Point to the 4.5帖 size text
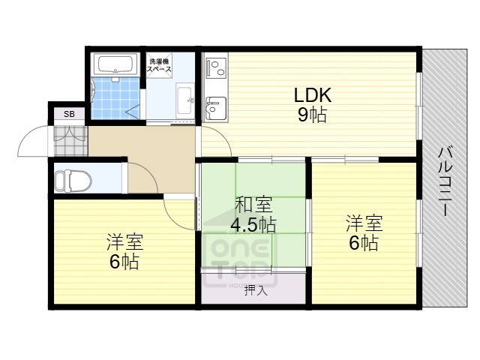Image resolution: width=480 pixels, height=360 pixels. click(x=253, y=224)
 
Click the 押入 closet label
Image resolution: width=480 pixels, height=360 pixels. click(x=254, y=290)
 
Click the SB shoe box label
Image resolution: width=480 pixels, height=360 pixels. click(x=69, y=114)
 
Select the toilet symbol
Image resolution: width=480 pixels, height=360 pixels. click(x=72, y=180)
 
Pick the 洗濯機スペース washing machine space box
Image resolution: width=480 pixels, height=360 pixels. click(x=160, y=64)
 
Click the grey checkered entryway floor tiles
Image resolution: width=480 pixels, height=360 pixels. click(x=69, y=139)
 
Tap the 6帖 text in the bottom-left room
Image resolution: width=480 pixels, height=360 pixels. click(x=124, y=262)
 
